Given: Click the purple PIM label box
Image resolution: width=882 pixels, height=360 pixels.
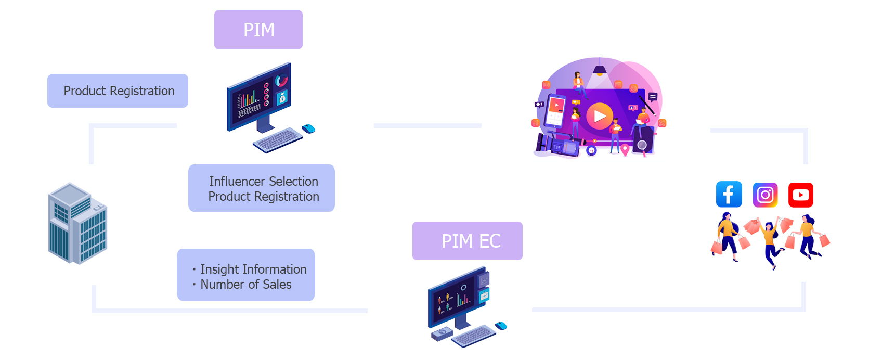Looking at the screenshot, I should click(258, 30).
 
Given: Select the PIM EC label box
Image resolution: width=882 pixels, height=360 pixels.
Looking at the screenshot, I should click(467, 241).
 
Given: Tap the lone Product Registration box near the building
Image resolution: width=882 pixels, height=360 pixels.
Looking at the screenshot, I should click(118, 91).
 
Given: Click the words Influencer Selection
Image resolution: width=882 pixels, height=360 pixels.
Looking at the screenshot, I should click(263, 181).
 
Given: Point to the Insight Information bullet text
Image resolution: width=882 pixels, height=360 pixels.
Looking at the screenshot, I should click(253, 269).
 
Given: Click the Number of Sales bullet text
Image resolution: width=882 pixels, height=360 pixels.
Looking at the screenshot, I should click(245, 285).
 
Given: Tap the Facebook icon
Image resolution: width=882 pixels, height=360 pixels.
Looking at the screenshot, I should click(729, 195).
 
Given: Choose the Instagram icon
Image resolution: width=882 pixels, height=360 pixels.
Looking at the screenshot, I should click(765, 195).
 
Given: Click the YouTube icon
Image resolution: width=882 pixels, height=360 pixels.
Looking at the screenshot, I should click(800, 195).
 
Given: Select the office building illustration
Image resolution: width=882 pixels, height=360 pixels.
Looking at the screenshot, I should click(77, 224).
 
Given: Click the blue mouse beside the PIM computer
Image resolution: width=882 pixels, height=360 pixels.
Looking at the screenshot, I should click(309, 128).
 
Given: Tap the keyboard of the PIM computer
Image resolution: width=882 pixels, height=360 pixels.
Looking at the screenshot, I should click(278, 139).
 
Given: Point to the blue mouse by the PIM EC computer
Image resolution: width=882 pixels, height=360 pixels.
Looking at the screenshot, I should click(501, 326).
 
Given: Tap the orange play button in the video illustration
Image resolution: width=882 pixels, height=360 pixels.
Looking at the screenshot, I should click(600, 116).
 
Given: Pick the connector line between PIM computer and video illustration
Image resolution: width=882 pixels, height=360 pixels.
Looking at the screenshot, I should click(427, 125).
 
